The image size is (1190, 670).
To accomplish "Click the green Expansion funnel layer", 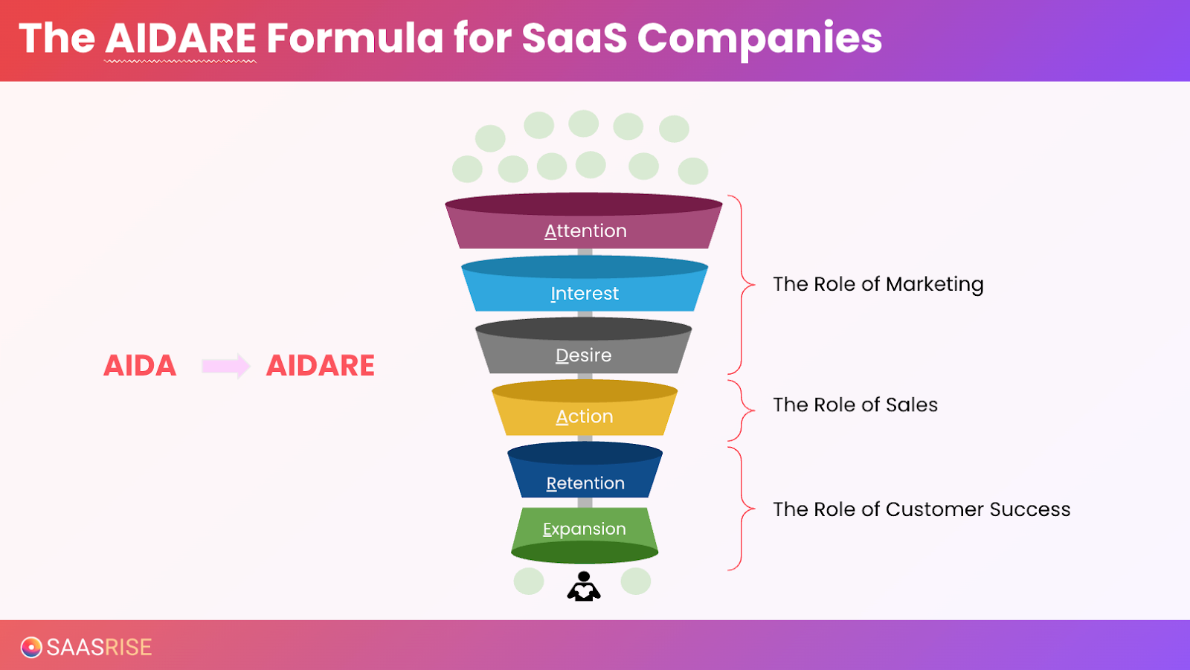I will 585,529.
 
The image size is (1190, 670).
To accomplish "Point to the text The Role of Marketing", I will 878,284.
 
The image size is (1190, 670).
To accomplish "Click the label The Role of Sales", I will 855,405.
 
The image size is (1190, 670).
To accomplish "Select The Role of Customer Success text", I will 922,509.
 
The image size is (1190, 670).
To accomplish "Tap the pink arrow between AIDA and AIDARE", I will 225,366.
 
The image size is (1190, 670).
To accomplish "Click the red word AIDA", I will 140,366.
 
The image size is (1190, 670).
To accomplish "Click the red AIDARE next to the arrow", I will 321,366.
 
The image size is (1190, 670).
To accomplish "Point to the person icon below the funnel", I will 584,586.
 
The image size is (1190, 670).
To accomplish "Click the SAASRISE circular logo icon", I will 31,647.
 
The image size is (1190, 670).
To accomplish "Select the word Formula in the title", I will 355,38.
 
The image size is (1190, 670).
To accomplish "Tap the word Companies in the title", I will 759,38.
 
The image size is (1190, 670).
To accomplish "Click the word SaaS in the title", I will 574,38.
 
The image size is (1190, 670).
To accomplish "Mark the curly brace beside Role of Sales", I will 742,410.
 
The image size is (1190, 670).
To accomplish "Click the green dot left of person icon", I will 529,581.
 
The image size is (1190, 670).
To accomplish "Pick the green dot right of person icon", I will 636,581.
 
